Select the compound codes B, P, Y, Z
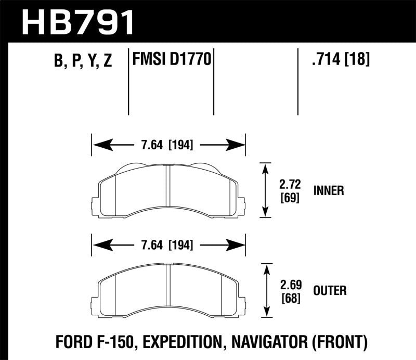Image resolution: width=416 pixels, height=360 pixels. pos(83,61)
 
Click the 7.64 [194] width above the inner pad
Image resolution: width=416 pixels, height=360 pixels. pos(168,145)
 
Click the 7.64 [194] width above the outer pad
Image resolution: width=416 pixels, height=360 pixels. pos(168,244)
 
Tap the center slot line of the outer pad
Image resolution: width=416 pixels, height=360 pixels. pos(168,289)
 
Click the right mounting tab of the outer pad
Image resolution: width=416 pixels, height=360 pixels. pos(241,301)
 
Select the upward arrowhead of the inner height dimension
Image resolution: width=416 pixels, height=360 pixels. pos(266,168)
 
